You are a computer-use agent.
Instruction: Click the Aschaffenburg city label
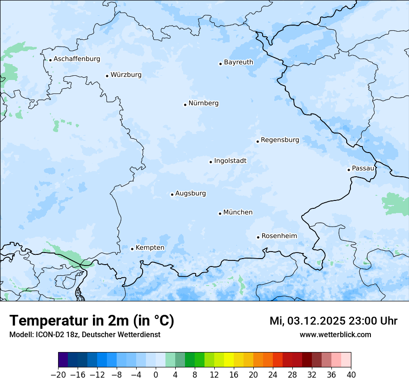point(77,59)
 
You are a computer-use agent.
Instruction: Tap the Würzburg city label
point(126,75)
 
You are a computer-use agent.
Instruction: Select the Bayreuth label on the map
point(238,62)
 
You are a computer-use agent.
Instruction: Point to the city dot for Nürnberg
point(185,105)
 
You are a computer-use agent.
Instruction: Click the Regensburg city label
point(280,140)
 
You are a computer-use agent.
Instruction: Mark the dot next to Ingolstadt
point(211,162)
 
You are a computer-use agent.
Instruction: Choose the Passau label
point(363,168)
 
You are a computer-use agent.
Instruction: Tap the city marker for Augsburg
point(172,194)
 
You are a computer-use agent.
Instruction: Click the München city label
point(238,213)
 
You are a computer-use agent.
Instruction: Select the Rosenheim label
point(279,236)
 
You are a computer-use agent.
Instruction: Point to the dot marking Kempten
point(132,249)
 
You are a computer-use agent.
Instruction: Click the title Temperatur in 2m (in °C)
point(92,321)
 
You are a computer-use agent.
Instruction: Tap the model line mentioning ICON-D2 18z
point(85,335)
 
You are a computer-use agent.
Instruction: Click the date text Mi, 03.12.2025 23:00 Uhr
point(333,321)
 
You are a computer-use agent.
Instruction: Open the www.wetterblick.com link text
point(335,335)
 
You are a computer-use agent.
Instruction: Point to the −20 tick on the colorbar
point(58,375)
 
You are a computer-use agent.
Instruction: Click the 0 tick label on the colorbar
point(156,375)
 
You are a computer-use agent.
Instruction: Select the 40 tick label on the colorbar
point(351,375)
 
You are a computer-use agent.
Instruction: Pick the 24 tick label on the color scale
point(273,375)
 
